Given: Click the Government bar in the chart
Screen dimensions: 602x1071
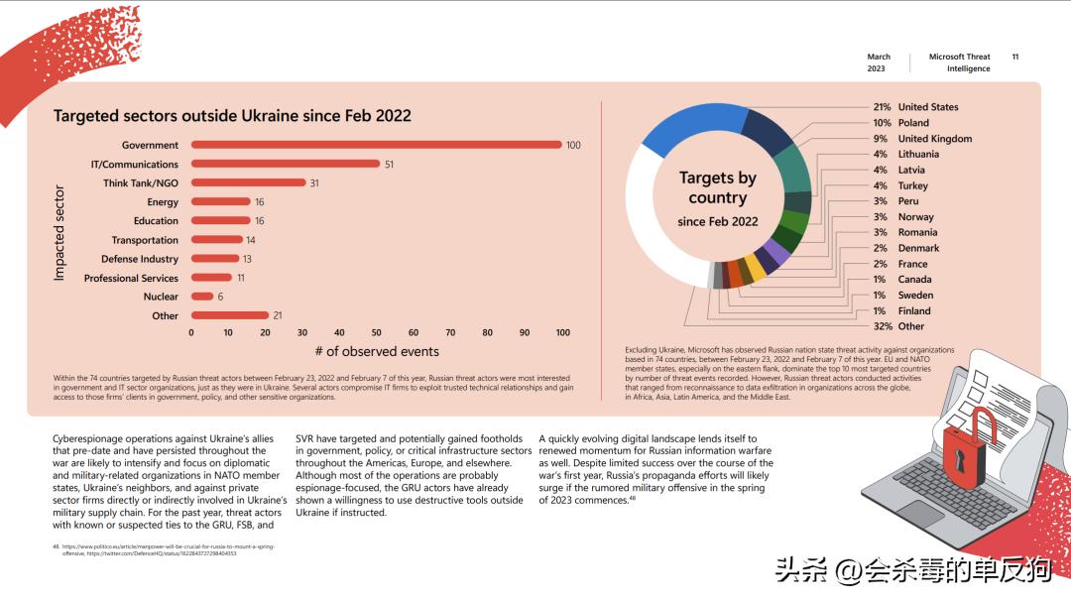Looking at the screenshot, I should point(377,145).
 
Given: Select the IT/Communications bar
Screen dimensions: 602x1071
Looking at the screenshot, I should point(286,164).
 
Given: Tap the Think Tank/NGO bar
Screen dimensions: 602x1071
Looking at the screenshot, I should point(248,182).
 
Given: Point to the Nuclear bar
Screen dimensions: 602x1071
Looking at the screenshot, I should point(202,297).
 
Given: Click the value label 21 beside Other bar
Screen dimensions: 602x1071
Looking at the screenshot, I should point(278,315).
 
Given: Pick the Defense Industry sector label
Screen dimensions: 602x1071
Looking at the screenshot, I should point(140,259).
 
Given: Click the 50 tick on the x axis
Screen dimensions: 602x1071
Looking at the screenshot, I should point(377,333).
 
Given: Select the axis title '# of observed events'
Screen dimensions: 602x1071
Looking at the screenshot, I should point(377,351).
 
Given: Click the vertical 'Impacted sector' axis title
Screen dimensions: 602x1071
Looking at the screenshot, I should point(59,232).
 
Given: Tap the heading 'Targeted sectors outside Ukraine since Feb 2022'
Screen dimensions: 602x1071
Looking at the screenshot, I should point(232,116).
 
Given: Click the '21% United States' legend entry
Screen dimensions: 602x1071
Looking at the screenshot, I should point(915,107).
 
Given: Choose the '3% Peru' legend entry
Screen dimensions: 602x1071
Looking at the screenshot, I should point(895,201).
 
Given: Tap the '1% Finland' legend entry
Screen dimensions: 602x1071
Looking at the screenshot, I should point(901,310).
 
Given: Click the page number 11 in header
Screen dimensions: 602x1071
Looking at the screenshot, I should point(1014,57).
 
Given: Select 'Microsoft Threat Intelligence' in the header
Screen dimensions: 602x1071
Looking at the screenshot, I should point(959,62).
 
